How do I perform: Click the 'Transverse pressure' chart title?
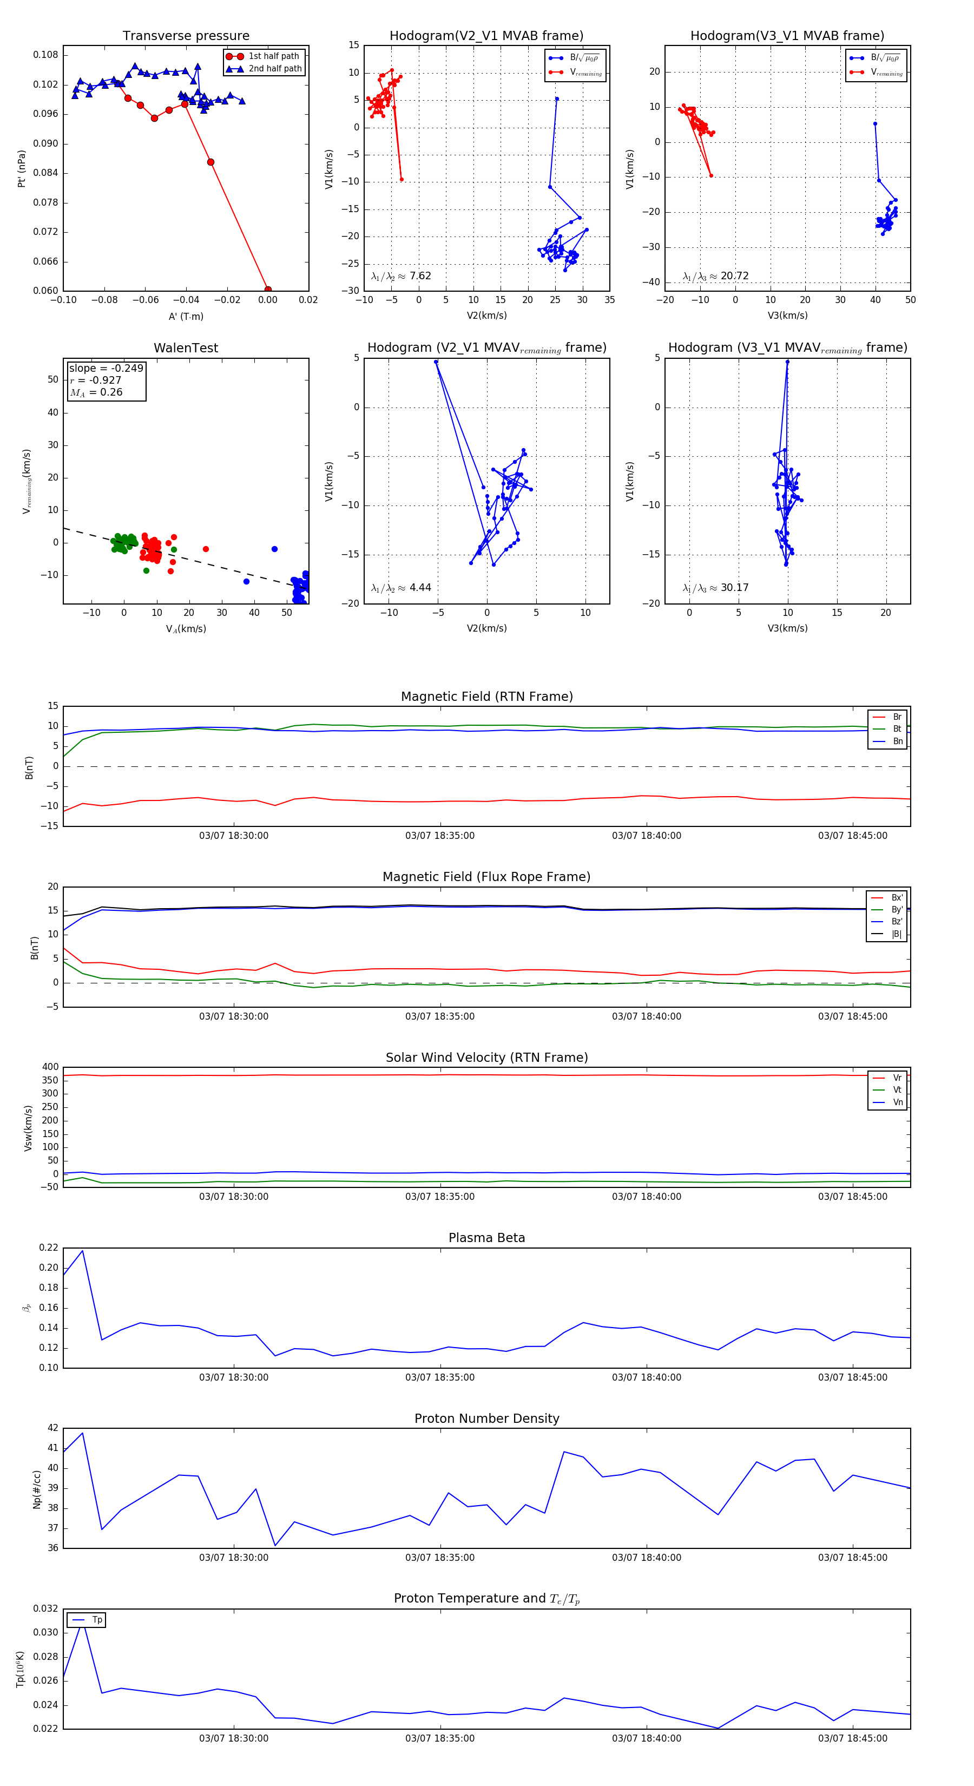(186, 36)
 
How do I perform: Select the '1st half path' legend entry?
(273, 56)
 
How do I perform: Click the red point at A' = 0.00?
(268, 290)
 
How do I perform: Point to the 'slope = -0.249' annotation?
(106, 368)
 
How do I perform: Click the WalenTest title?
(186, 348)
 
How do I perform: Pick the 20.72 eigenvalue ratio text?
(734, 276)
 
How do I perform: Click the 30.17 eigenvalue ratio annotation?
(734, 588)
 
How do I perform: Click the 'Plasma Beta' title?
(486, 1238)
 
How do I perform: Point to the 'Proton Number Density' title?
(486, 1419)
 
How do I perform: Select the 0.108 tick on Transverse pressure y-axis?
(46, 55)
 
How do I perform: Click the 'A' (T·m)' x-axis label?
(186, 317)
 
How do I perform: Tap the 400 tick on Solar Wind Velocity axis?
(50, 1067)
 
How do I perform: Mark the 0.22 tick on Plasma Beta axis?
(49, 1247)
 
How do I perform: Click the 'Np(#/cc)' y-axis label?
(37, 1488)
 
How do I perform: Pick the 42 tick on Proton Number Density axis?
(52, 1428)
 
